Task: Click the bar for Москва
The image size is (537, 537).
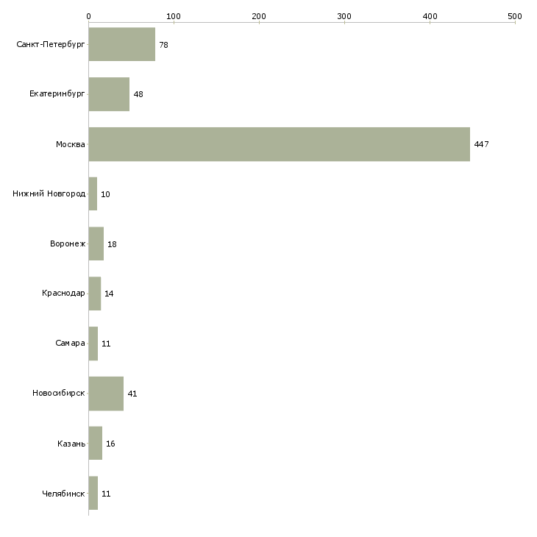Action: click(279, 144)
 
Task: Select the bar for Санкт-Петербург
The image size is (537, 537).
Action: click(122, 44)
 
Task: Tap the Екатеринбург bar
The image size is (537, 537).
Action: click(109, 94)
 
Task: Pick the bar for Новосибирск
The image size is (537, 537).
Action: click(106, 394)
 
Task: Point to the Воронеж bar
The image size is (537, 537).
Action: click(96, 243)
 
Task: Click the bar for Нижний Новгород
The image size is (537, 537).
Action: click(93, 194)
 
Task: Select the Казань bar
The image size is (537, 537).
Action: click(96, 443)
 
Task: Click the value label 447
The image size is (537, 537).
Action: click(481, 144)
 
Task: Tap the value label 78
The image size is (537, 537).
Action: click(164, 45)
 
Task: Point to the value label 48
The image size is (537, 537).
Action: click(138, 94)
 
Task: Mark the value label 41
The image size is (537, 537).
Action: click(132, 394)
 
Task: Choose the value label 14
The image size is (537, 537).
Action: click(109, 294)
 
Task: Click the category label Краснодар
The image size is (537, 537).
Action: click(63, 294)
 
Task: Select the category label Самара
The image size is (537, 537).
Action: click(70, 343)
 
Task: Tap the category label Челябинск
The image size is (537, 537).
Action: click(63, 494)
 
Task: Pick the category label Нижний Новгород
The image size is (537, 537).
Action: click(49, 194)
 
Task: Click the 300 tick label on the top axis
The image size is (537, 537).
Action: click(344, 16)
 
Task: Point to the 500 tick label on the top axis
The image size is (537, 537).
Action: click(515, 16)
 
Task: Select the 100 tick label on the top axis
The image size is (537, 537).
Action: click(174, 16)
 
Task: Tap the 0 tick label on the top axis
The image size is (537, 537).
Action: click(89, 16)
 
